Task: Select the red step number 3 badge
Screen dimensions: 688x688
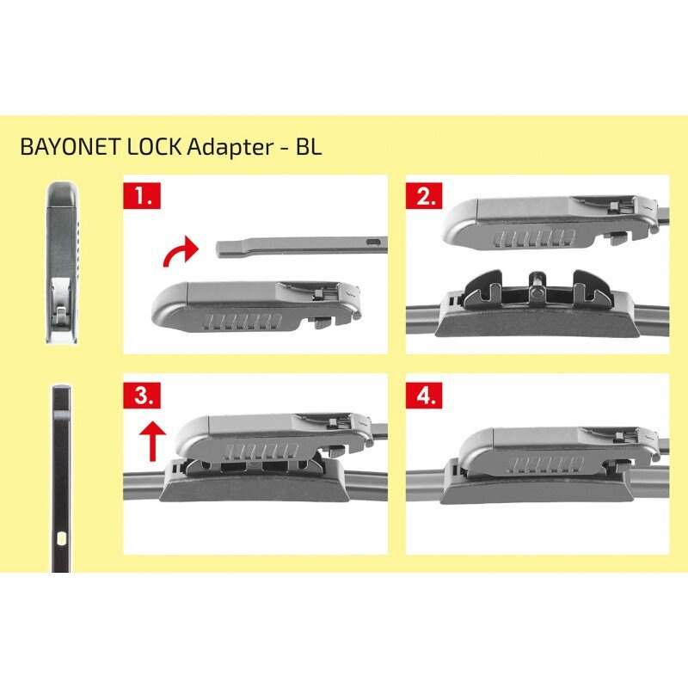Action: pyautogui.click(x=141, y=395)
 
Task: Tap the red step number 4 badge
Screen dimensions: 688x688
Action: pyautogui.click(x=424, y=395)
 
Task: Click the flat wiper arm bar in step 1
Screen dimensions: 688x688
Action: pyautogui.click(x=292, y=246)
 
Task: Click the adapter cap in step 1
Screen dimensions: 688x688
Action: pyautogui.click(x=241, y=306)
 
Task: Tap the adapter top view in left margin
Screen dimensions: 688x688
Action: pyautogui.click(x=60, y=258)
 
